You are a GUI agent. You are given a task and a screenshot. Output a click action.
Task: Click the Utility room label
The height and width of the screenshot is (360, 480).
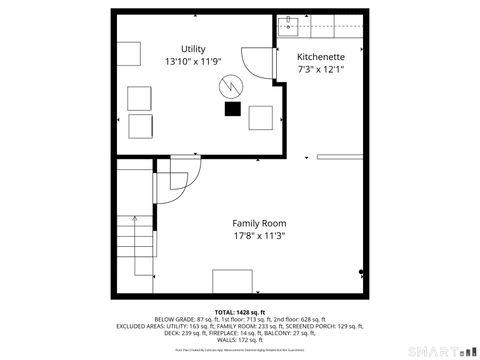193,49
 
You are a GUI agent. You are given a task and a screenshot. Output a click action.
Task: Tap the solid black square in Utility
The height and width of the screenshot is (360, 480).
233,108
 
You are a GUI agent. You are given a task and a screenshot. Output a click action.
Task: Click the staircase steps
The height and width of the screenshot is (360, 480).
136,250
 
